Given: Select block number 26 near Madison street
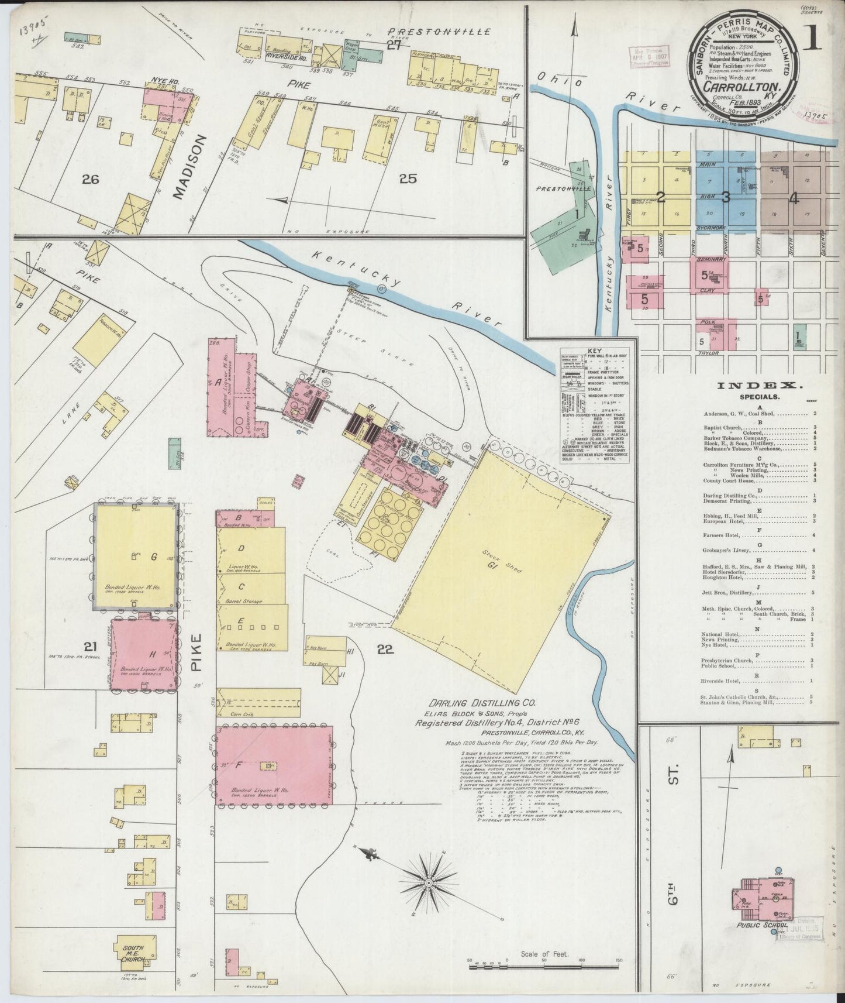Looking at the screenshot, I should [91, 180].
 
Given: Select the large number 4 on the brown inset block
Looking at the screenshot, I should [794, 198].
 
